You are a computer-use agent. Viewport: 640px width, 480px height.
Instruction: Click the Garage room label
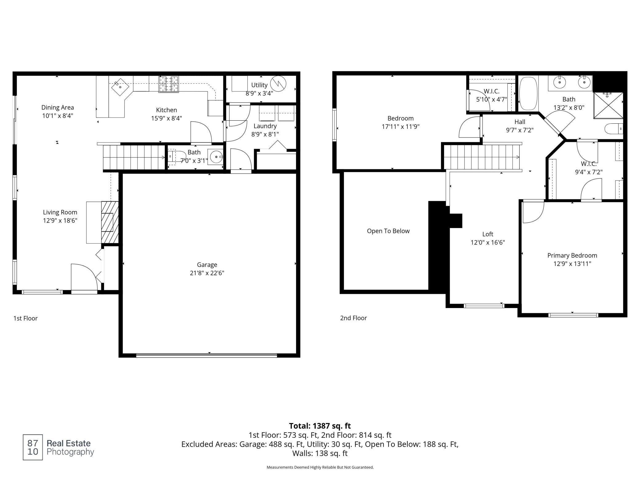207,265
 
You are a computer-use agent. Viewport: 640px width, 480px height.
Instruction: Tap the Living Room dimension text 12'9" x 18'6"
60,221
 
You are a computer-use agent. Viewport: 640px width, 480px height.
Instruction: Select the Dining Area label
58,107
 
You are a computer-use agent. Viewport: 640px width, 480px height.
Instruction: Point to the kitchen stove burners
169,84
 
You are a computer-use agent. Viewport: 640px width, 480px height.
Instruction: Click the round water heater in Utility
278,84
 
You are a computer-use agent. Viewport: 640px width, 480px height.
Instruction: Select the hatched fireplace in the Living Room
110,222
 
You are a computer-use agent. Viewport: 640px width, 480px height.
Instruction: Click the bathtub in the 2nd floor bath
528,94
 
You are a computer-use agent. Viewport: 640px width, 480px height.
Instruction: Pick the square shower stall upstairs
608,105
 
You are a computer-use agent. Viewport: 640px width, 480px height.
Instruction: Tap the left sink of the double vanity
559,82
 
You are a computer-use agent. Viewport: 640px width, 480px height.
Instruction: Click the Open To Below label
388,231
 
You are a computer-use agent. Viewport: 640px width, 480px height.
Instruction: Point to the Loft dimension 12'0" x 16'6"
488,242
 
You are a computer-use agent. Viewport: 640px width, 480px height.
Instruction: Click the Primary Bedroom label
572,255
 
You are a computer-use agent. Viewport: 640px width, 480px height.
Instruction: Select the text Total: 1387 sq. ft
320,426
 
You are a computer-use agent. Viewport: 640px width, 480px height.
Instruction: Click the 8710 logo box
33,447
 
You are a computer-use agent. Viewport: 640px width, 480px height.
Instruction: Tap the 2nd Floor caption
354,318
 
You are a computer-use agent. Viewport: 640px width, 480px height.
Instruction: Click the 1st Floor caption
26,318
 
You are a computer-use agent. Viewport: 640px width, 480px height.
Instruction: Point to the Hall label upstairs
520,122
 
